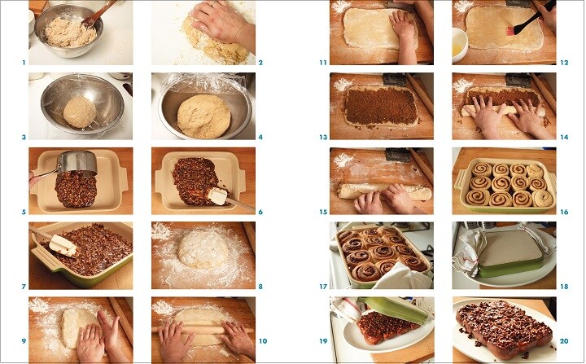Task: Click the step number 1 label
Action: (x=24, y=63)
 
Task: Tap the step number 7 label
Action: (x=24, y=287)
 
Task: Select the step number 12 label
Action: (x=564, y=63)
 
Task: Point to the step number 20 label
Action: (x=564, y=341)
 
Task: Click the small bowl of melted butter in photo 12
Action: (x=460, y=44)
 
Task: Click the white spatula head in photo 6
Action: (x=218, y=196)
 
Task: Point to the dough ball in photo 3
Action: (x=80, y=112)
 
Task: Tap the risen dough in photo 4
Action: (x=204, y=116)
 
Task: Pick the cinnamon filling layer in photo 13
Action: (x=380, y=106)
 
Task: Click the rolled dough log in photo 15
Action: (x=385, y=191)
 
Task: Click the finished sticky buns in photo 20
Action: (x=504, y=328)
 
